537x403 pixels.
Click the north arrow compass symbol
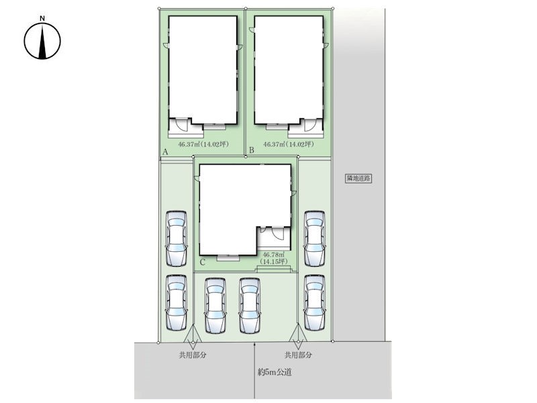click(x=42, y=41)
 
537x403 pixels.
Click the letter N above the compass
click(x=42, y=19)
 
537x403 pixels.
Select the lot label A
click(x=165, y=152)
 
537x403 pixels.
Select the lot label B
click(x=251, y=150)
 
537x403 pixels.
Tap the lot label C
click(x=203, y=263)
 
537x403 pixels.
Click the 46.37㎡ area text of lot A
click(x=187, y=144)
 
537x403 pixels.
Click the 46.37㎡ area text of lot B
click(x=273, y=144)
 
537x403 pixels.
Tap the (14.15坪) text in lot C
click(x=274, y=261)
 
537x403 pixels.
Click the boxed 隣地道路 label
click(x=358, y=178)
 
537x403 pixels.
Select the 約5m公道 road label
click(x=275, y=372)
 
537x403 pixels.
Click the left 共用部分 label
click(x=193, y=355)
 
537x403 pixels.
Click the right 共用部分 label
click(x=298, y=355)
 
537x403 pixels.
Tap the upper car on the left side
click(x=177, y=238)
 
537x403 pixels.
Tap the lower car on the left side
click(x=177, y=303)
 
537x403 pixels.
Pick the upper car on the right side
click(x=314, y=238)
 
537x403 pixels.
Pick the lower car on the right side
click(x=314, y=303)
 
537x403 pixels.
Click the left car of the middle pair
click(x=215, y=306)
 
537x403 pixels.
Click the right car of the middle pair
click(x=249, y=306)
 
